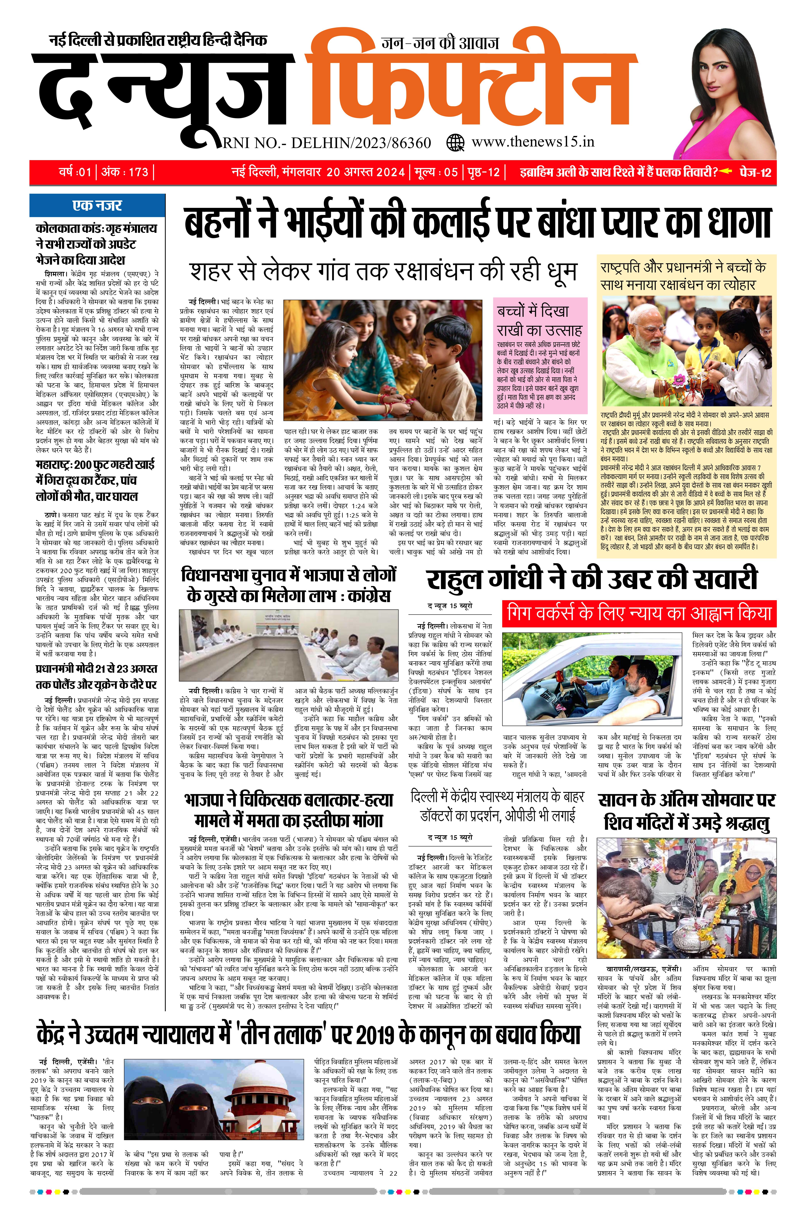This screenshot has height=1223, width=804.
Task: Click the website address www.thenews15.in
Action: (x=533, y=142)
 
